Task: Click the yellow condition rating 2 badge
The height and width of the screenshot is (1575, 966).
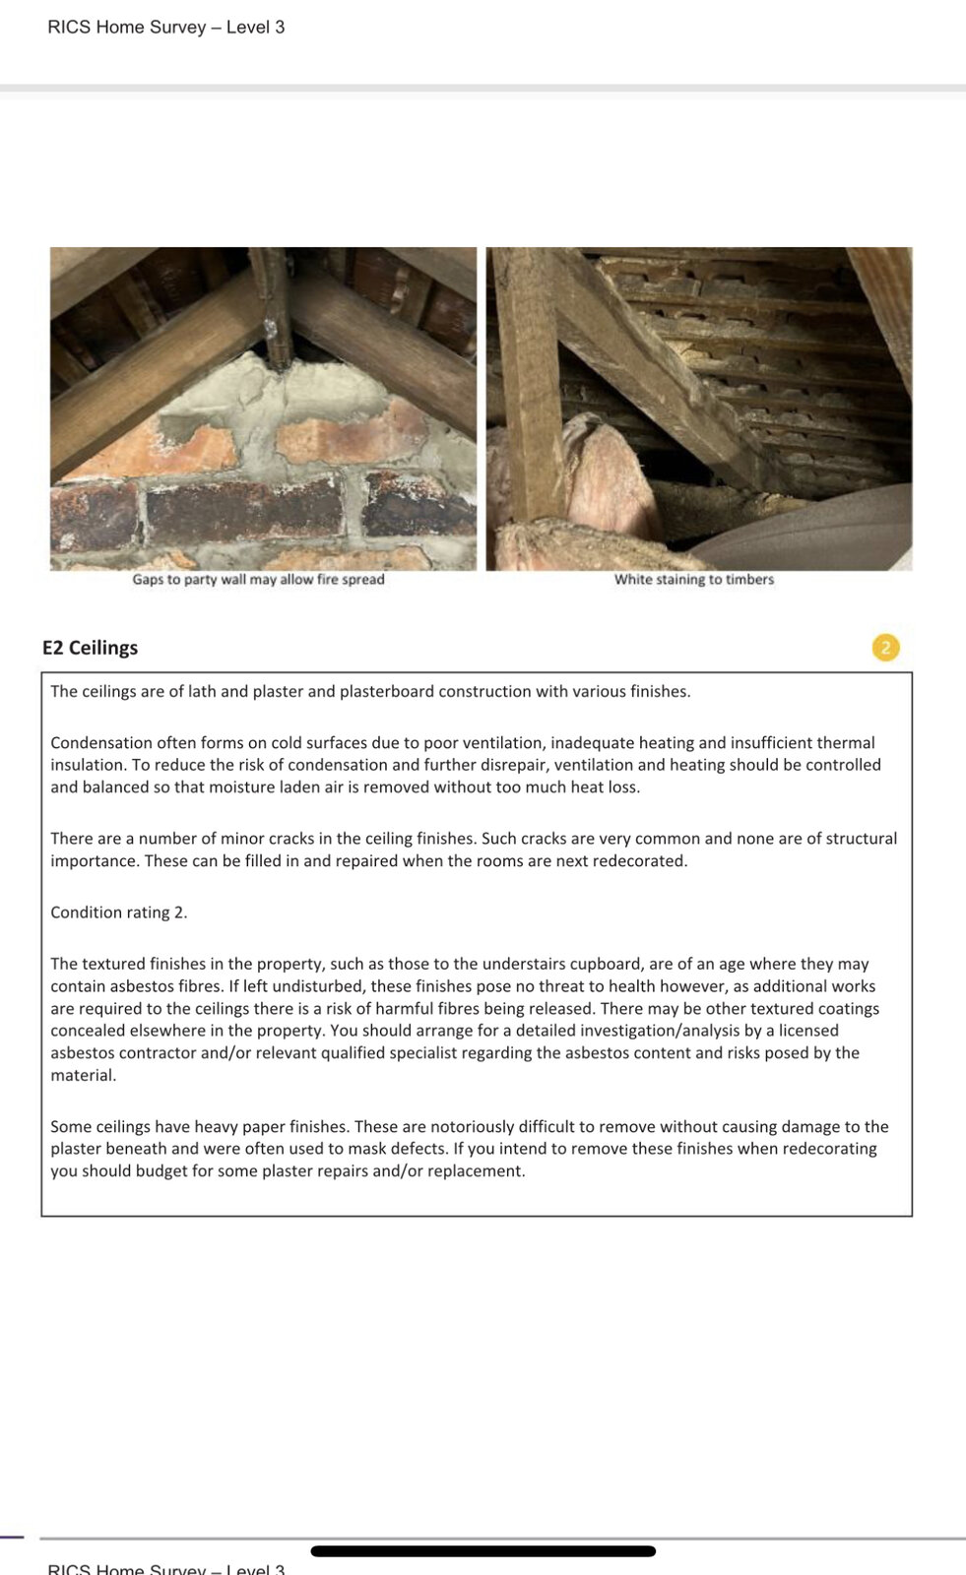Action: point(885,648)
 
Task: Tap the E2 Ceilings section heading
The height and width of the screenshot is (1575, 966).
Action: point(90,648)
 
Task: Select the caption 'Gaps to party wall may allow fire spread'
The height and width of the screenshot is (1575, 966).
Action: point(258,580)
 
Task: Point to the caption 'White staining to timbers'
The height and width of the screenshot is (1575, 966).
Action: point(694,580)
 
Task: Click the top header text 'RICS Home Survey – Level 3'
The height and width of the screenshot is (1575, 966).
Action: point(165,28)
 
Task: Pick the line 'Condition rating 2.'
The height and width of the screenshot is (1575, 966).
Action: point(118,913)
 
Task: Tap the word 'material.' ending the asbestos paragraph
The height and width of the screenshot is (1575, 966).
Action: point(84,1076)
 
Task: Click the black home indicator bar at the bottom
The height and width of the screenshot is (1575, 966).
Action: point(483,1551)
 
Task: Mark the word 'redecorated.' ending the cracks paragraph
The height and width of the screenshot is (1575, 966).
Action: point(639,861)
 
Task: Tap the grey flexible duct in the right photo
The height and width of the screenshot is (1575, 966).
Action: point(817,532)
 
